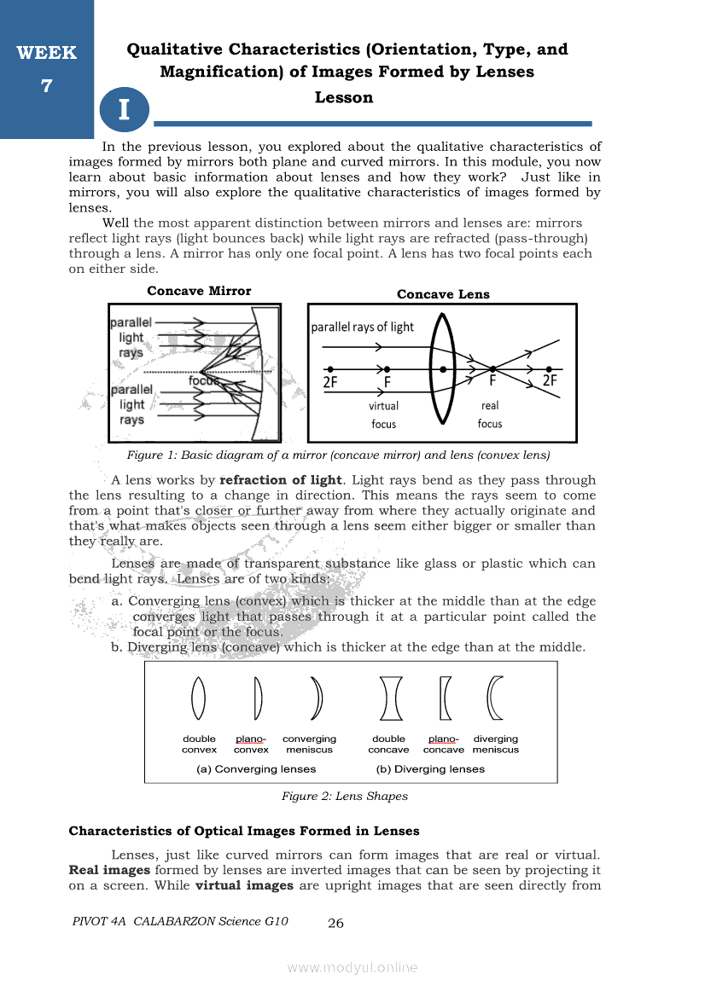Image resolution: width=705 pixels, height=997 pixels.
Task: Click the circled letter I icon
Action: [124, 110]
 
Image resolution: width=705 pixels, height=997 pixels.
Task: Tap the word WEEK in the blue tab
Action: [46, 53]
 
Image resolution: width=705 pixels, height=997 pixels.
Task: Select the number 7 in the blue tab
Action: [46, 85]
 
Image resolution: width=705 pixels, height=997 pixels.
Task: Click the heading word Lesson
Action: [344, 97]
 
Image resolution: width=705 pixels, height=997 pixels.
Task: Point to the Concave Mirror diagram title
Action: [199, 291]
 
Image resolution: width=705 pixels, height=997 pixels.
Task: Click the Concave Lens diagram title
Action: [443, 294]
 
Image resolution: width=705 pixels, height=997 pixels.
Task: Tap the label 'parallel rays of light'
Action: [362, 327]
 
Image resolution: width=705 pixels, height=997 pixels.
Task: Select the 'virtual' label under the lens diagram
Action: [383, 406]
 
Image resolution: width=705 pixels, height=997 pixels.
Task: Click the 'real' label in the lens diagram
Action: [490, 406]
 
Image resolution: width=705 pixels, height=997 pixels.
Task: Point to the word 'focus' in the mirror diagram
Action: [204, 381]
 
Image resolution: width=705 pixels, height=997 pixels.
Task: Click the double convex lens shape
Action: [199, 698]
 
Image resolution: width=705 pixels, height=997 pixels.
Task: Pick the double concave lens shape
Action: [390, 698]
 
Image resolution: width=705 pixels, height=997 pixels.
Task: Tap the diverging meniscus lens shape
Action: [495, 698]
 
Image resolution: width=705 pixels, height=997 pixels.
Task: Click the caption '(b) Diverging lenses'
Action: [430, 769]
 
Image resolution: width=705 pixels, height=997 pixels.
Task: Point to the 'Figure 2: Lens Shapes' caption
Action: [345, 797]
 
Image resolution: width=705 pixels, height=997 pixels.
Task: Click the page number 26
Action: [335, 923]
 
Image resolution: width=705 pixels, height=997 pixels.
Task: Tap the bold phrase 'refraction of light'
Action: [281, 480]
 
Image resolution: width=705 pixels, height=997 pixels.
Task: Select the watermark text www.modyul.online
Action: [352, 967]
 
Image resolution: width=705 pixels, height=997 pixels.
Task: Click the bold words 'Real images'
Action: [109, 870]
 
